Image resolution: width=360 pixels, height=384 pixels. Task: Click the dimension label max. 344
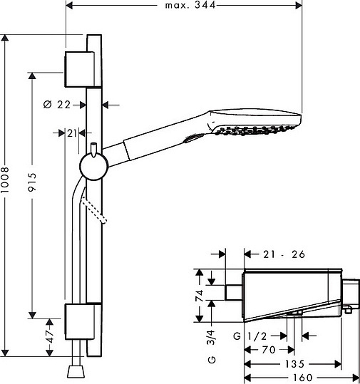pyautogui.click(x=190, y=5)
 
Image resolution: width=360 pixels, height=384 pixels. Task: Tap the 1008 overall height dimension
pyautogui.click(x=5, y=180)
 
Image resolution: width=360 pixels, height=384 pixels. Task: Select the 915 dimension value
pyautogui.click(x=32, y=182)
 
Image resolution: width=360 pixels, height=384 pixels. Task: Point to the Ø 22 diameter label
pyautogui.click(x=57, y=105)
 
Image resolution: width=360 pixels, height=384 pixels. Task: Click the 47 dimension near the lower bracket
pyautogui.click(x=49, y=337)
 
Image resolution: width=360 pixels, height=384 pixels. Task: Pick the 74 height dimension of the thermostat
pyautogui.click(x=200, y=296)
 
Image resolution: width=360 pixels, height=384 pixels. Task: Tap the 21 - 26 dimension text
pyautogui.click(x=284, y=254)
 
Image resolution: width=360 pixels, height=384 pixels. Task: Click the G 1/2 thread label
pyautogui.click(x=250, y=336)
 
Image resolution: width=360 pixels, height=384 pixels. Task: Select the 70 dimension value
pyautogui.click(x=269, y=350)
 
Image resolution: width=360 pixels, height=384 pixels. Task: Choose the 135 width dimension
pyautogui.click(x=294, y=364)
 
